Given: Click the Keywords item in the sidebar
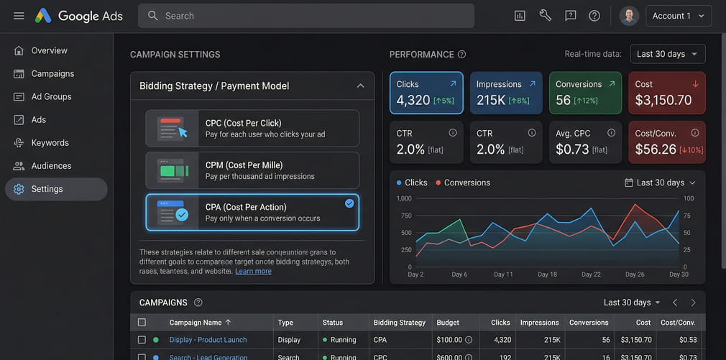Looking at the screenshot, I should pos(50,143).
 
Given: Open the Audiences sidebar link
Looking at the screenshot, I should pos(51,166).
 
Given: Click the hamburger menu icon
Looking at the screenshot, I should pos(19,16).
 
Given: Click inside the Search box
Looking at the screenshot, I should pos(305,16).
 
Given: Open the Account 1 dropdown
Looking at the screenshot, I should pos(679,16).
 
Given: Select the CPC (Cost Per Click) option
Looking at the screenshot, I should pos(252,129).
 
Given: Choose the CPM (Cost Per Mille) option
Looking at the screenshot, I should pos(252,170).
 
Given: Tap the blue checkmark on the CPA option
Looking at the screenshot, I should pos(349,203).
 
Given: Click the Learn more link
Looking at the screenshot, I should pos(253,271).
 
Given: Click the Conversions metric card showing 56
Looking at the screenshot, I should pos(585,93).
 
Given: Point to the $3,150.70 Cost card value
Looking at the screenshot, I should pos(663,101).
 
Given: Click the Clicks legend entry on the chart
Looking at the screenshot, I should pos(412,183).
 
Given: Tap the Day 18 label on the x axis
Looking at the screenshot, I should pos(547,274).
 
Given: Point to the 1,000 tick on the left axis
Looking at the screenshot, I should pos(403,198).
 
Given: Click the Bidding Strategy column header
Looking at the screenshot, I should pos(399,323).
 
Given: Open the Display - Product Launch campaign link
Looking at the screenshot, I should pos(208,340).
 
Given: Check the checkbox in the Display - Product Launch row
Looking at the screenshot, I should pos(142,340).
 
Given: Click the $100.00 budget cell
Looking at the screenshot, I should pos(450,340).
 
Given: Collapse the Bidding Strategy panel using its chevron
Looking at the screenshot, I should pos(360,86).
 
